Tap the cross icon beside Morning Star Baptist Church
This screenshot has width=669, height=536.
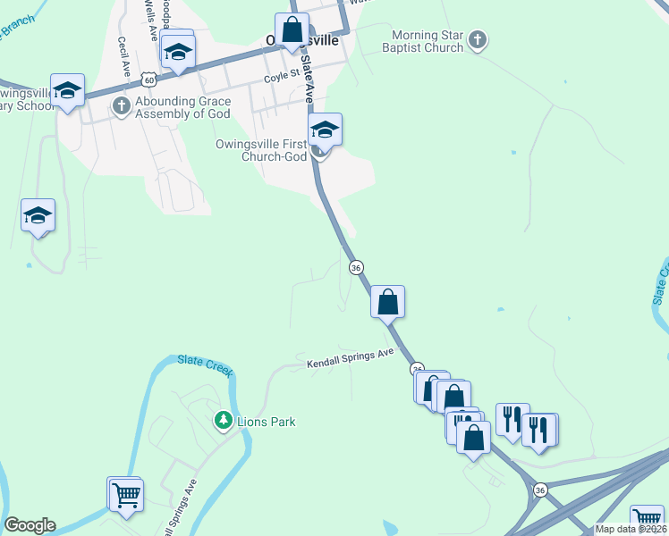pyautogui.click(x=478, y=39)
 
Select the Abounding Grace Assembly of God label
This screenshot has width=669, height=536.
pyautogui.click(x=182, y=107)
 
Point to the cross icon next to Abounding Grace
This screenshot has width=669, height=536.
pyautogui.click(x=122, y=107)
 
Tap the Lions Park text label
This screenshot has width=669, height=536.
pyautogui.click(x=266, y=422)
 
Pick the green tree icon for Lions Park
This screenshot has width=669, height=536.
pyautogui.click(x=223, y=420)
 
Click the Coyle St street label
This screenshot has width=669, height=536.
pyautogui.click(x=280, y=78)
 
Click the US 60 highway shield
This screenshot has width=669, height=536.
pyautogui.click(x=148, y=80)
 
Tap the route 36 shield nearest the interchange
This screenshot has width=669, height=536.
pyautogui.click(x=539, y=490)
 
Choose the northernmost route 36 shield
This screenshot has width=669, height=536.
pyautogui.click(x=356, y=267)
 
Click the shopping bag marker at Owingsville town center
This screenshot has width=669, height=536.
pyautogui.click(x=292, y=30)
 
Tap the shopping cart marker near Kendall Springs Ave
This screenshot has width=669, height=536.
pyautogui.click(x=126, y=494)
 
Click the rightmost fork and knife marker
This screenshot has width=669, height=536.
pyautogui.click(x=540, y=431)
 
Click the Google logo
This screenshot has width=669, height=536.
pyautogui.click(x=29, y=525)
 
